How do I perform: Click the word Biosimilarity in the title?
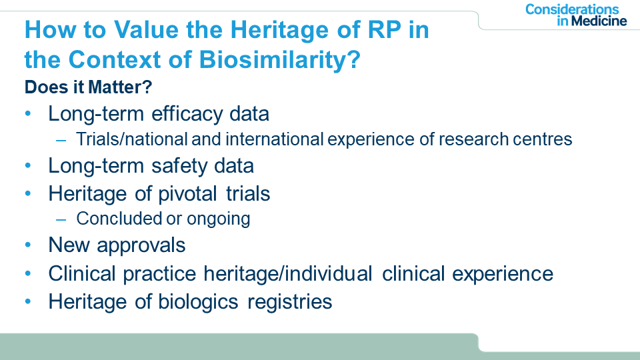pyautogui.click(x=280, y=60)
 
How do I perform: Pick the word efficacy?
pyautogui.click(x=187, y=114)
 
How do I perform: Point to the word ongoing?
pyautogui.click(x=219, y=219)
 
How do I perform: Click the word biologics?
pyautogui.click(x=198, y=303)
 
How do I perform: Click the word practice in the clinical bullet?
pyautogui.click(x=159, y=274)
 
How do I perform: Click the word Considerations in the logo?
pyautogui.click(x=572, y=9)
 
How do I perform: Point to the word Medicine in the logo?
pyautogui.click(x=599, y=21)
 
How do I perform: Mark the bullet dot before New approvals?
pyautogui.click(x=28, y=245)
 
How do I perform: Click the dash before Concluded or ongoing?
pyautogui.click(x=61, y=219)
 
